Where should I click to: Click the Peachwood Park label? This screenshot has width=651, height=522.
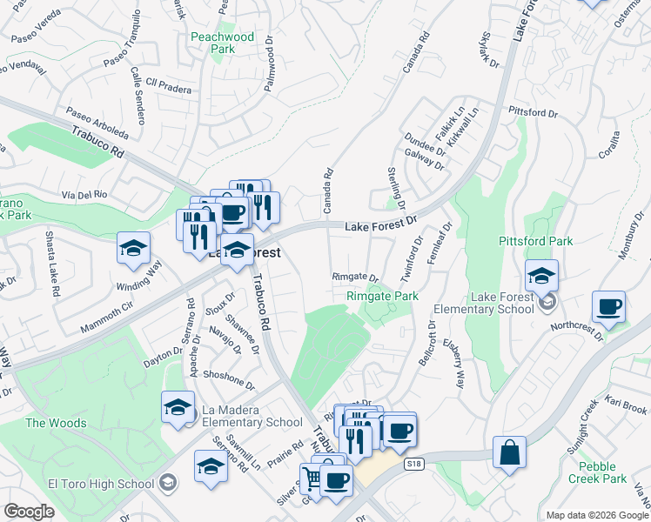coord(222,43)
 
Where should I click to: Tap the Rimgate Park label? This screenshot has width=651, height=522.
coord(383,297)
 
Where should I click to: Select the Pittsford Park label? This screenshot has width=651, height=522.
coord(547,241)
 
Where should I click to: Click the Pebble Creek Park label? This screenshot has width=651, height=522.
coord(597,472)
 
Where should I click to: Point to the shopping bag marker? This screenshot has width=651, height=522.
coord(509,453)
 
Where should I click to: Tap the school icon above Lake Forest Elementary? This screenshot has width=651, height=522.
coord(541,276)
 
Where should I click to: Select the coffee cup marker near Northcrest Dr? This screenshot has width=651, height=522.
coord(609,307)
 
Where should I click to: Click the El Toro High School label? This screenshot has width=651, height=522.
coord(102,484)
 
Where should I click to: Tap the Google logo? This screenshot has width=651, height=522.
coord(30,512)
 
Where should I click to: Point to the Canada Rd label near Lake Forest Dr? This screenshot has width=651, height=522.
coord(329,191)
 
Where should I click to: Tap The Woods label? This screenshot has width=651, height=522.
coord(56,424)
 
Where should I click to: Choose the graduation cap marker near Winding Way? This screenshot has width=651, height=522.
coord(133,248)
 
